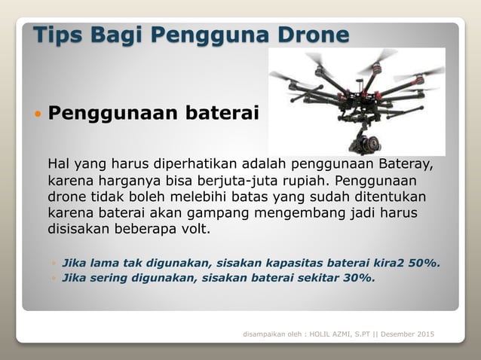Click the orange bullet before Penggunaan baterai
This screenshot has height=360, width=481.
tap(38, 115)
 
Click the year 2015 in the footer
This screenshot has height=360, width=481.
tap(424, 334)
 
